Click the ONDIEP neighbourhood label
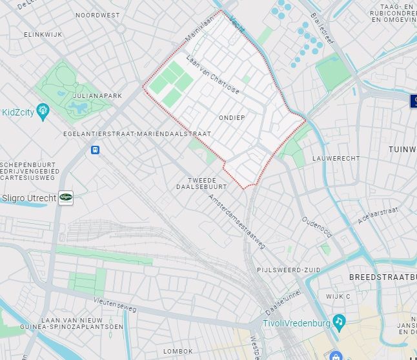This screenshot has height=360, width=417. [x=232, y=117]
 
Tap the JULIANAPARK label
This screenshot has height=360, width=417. [x=97, y=95]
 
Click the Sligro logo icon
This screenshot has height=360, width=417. [x=66, y=198]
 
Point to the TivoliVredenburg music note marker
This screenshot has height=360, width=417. [x=338, y=321]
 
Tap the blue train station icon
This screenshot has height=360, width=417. [x=96, y=150]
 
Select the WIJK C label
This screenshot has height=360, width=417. [x=338, y=296]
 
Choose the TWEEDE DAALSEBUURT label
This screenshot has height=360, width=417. [x=202, y=183]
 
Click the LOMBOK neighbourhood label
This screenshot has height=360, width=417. [x=178, y=351]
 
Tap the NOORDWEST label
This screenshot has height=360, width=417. [x=97, y=14]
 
